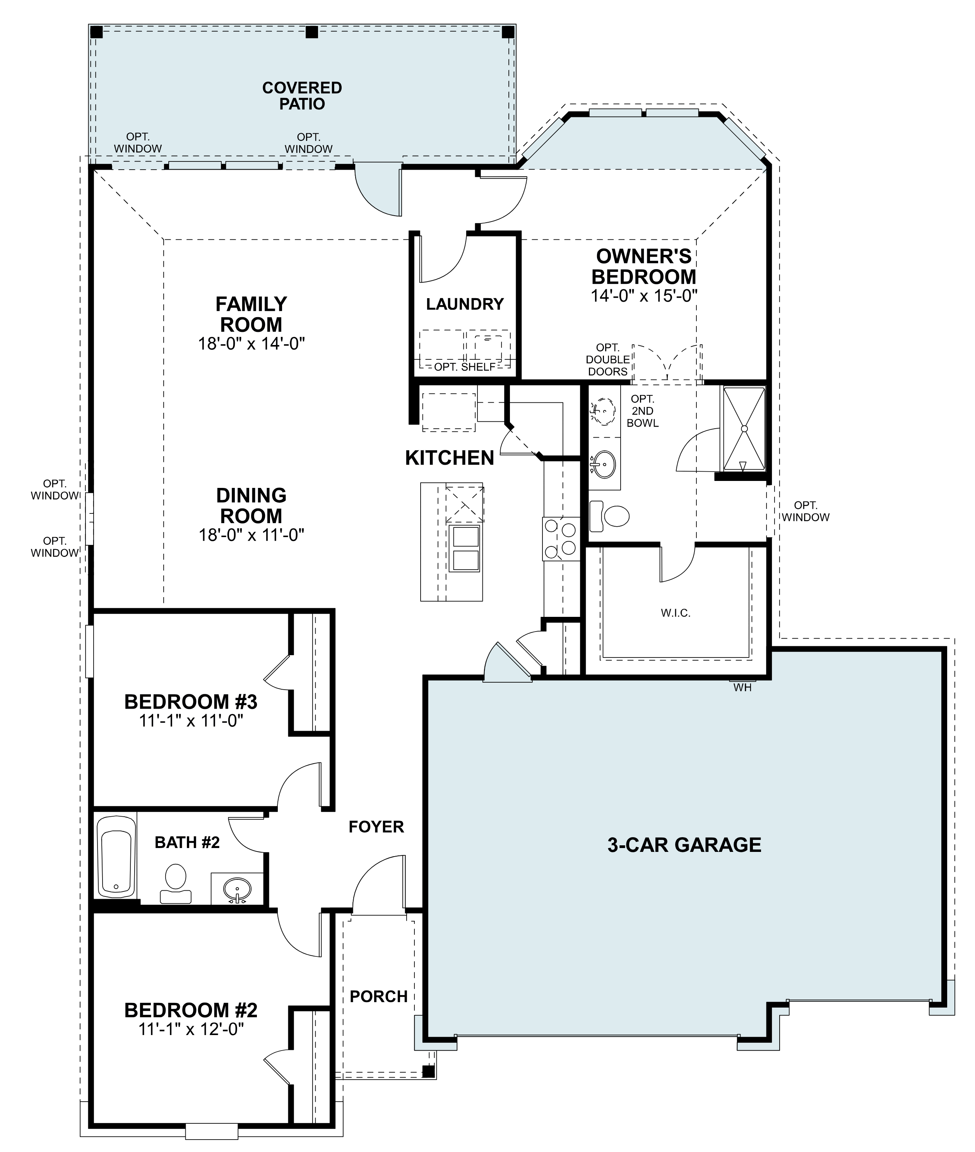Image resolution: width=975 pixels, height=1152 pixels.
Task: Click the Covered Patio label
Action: [302, 96]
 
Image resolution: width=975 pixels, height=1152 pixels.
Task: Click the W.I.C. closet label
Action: [676, 613]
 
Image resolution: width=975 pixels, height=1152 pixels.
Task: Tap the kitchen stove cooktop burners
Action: [561, 538]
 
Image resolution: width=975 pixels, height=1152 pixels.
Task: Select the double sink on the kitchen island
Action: [464, 549]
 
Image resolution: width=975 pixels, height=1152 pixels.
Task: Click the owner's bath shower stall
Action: [744, 429]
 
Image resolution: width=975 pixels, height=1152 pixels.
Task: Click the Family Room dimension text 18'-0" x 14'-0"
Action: [251, 344]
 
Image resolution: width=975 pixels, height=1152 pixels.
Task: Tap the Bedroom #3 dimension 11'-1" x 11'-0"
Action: [191, 721]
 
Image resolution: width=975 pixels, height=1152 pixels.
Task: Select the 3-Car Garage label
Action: [684, 845]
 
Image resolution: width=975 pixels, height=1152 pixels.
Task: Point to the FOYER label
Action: [376, 827]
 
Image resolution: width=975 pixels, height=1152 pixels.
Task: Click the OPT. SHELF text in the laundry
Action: [464, 367]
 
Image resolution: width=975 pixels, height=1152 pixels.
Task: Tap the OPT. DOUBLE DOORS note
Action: [607, 359]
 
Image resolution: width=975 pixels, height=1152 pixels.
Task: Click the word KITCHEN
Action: [449, 458]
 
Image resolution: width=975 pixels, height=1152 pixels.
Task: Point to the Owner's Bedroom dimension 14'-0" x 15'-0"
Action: [644, 296]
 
